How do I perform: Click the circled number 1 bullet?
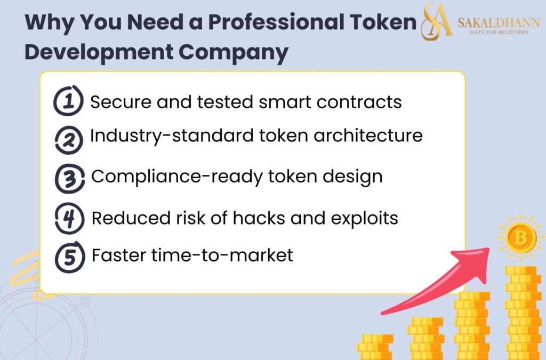(68, 101)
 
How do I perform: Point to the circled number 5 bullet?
(69, 257)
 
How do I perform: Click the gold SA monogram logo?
(437, 22)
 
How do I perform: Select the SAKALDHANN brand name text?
(498, 22)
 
